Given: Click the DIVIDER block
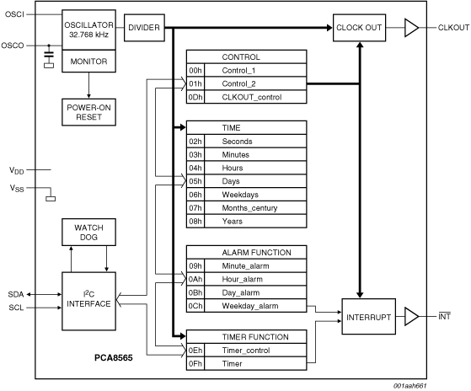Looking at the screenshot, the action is point(144,28).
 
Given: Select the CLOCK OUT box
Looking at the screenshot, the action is point(359,28).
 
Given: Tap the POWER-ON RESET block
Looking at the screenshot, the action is point(88,112).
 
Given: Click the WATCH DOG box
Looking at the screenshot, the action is point(88,232).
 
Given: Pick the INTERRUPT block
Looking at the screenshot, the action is point(368,317).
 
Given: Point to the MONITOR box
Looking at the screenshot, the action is point(88,62).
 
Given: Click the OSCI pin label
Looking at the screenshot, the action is point(14,14).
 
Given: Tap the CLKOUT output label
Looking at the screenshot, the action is point(453,28).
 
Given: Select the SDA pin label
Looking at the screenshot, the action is point(16,294).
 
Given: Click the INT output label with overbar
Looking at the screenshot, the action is point(444,317).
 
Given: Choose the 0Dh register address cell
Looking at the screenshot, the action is point(195,97).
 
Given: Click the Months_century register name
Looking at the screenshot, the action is point(249,208).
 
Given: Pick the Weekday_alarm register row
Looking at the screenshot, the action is point(246,306).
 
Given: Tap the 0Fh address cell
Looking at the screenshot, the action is point(195,364).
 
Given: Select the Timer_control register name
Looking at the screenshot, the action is point(246,351).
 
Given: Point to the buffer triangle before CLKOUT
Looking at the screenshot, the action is point(411,28).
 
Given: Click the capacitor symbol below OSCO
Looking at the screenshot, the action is point(49,56).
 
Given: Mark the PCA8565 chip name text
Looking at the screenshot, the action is point(114,357).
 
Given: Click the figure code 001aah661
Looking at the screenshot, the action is point(410,386).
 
